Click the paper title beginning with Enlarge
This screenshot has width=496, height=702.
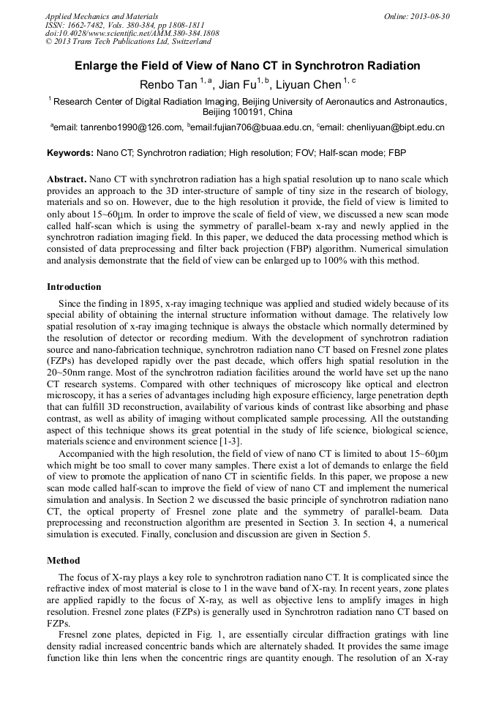tap(247, 66)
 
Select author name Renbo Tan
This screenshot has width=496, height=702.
tap(168, 85)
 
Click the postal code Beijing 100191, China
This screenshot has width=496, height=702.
tap(247, 112)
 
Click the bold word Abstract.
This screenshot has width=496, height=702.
tap(67, 179)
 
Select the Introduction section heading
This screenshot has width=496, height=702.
tap(74, 287)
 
